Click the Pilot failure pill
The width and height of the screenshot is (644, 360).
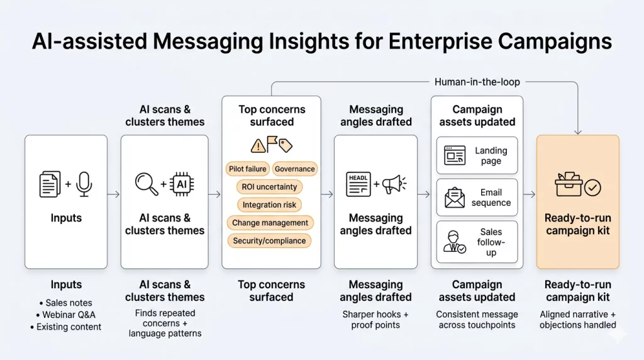tap(248, 169)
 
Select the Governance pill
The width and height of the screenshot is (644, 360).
tap(294, 169)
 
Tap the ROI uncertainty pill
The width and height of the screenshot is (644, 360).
tap(270, 187)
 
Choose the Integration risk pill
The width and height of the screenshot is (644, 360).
tap(270, 205)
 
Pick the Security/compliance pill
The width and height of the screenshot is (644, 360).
tap(269, 240)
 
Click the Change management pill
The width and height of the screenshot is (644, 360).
tap(270, 223)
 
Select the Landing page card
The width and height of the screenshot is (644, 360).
tap(477, 155)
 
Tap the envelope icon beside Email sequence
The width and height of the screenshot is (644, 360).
tap(455, 198)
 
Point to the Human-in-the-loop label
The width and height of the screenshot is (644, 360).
tap(477, 82)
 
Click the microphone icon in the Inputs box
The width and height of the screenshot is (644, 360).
tap(84, 184)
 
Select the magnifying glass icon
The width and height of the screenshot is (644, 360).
tap(147, 183)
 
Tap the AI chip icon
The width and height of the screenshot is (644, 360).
tap(182, 184)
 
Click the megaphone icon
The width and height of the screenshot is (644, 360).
tap(394, 184)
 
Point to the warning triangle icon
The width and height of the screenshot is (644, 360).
tap(258, 146)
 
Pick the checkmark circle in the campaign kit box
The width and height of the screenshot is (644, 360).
tap(592, 187)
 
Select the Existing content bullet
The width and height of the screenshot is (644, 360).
tap(66, 327)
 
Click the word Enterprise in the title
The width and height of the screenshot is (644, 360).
tap(439, 42)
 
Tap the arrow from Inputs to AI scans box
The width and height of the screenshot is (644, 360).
tap(113, 194)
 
